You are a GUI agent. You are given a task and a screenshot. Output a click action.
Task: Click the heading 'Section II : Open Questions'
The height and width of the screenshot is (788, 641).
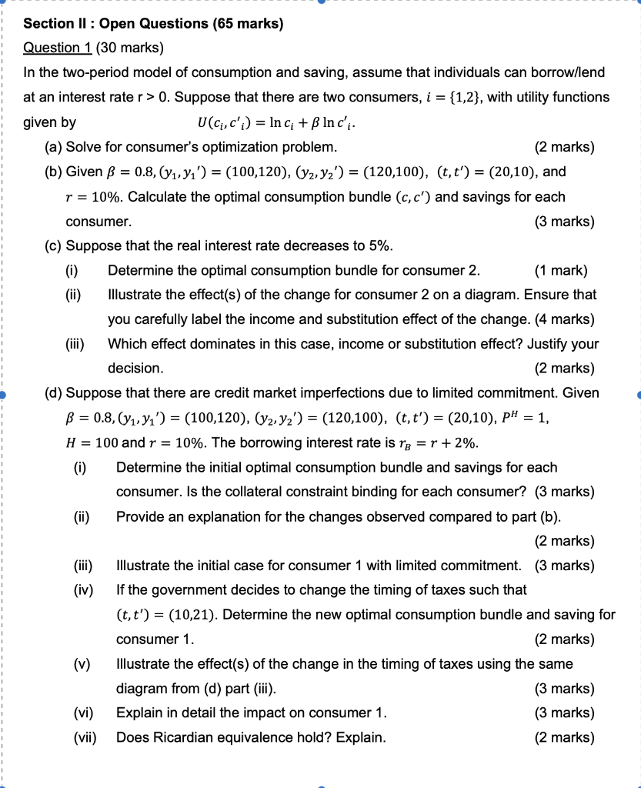point(154,24)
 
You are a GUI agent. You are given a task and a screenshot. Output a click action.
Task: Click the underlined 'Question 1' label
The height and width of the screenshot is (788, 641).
point(58,48)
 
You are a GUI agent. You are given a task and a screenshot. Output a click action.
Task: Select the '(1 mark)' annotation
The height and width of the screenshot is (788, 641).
point(560,270)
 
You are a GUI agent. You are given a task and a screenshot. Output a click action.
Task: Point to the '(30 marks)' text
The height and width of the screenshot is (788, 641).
point(129,48)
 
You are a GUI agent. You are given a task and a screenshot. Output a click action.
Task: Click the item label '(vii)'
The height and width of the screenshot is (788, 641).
point(85,737)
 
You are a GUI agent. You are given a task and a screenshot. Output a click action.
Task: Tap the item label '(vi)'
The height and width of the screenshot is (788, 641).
point(84,713)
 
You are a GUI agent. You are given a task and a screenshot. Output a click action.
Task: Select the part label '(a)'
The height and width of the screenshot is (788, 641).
point(54,147)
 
